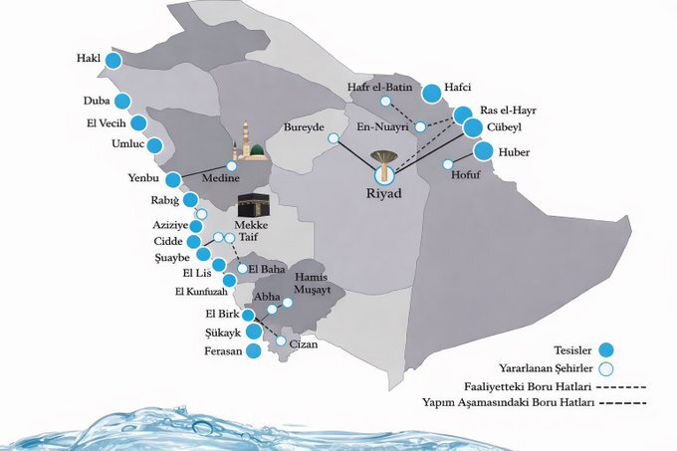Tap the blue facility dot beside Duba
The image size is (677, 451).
[122, 102]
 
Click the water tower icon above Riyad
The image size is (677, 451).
[382, 160]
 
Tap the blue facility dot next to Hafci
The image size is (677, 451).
[431, 94]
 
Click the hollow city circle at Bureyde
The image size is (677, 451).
[334, 139]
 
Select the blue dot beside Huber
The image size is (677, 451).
[483, 152]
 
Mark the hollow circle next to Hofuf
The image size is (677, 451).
[447, 164]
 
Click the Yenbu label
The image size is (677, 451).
[143, 180]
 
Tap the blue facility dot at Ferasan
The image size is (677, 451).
[253, 350]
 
